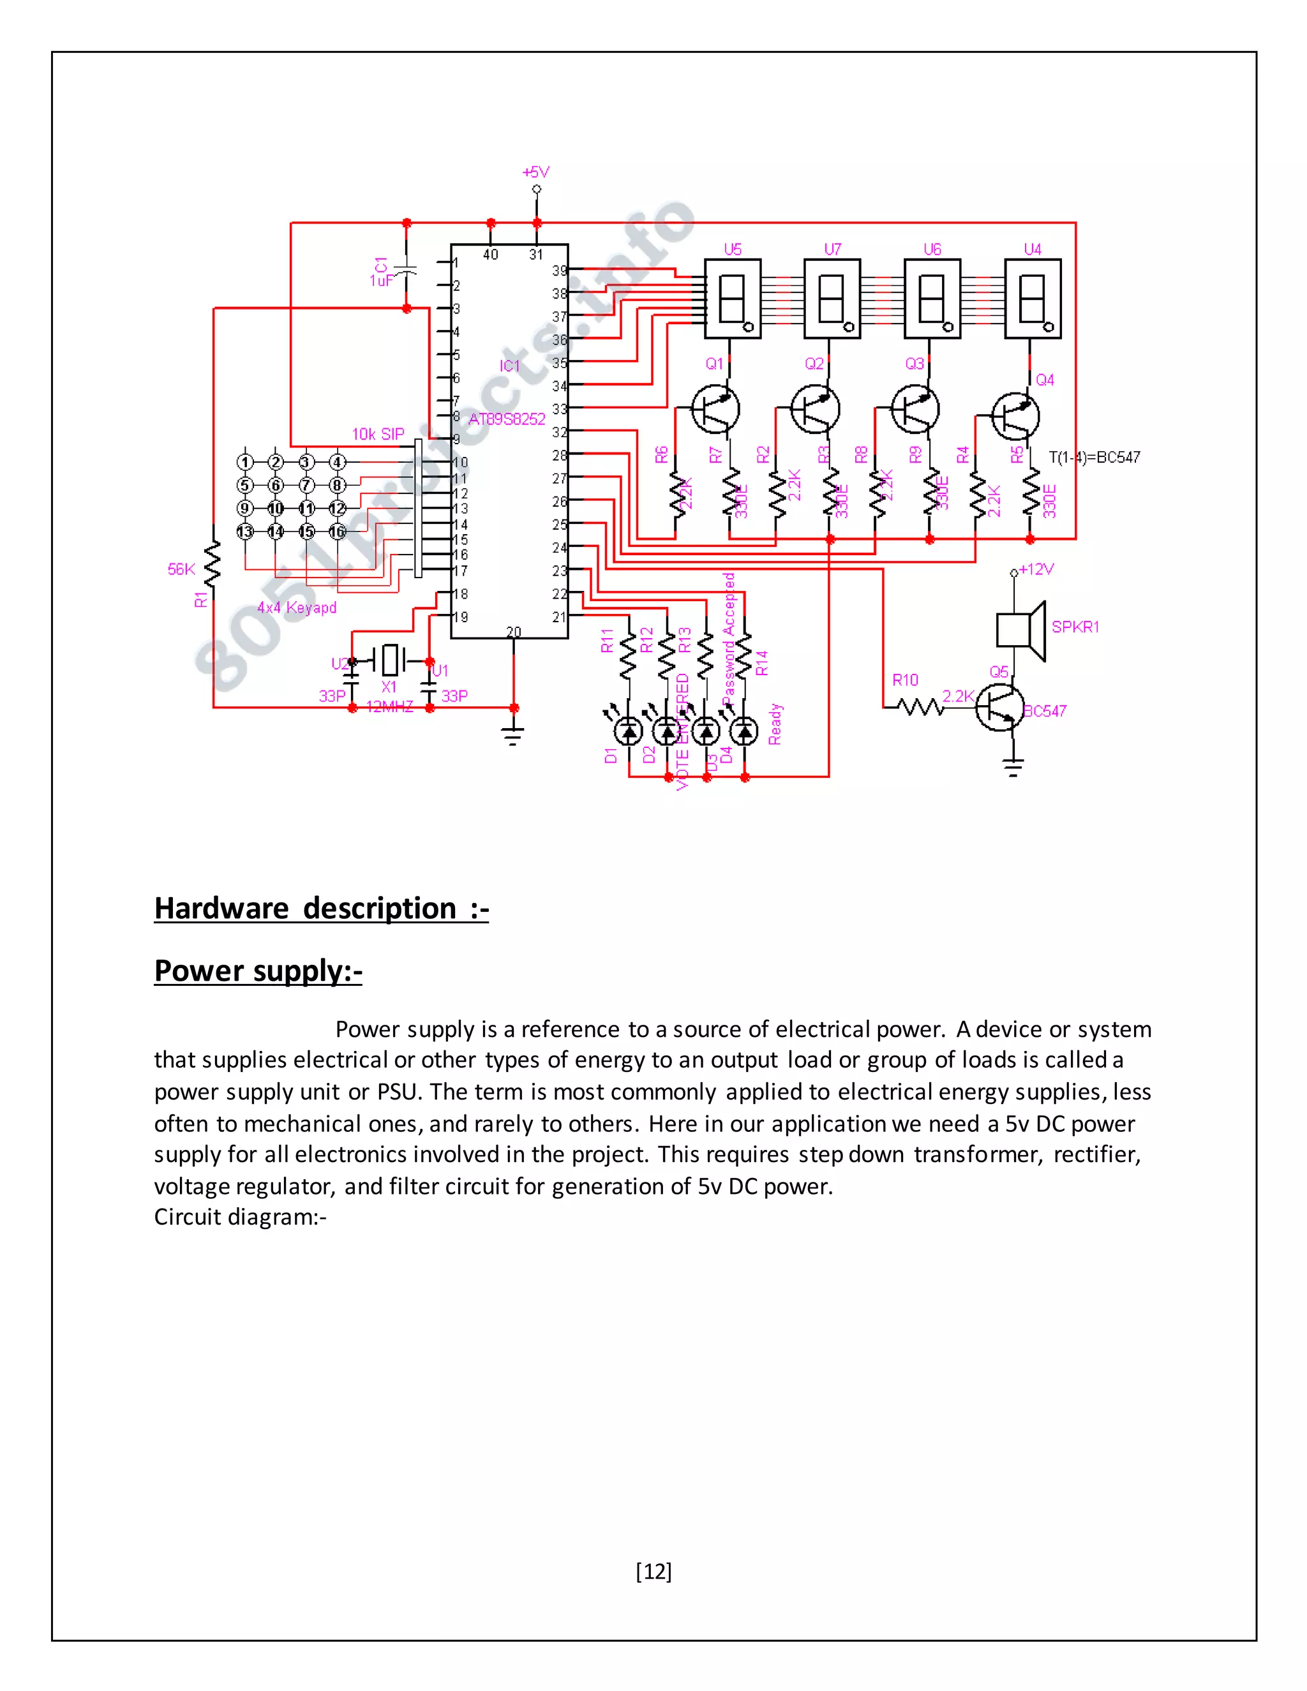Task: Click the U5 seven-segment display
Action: click(x=732, y=299)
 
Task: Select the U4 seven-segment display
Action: click(x=1032, y=299)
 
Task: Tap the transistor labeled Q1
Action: click(x=715, y=409)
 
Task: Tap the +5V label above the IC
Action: click(x=536, y=172)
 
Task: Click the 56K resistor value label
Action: click(x=181, y=569)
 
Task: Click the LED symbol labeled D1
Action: click(x=628, y=729)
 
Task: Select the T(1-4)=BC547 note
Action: click(x=1094, y=457)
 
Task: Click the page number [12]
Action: click(x=653, y=1571)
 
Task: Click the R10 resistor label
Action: click(x=904, y=680)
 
